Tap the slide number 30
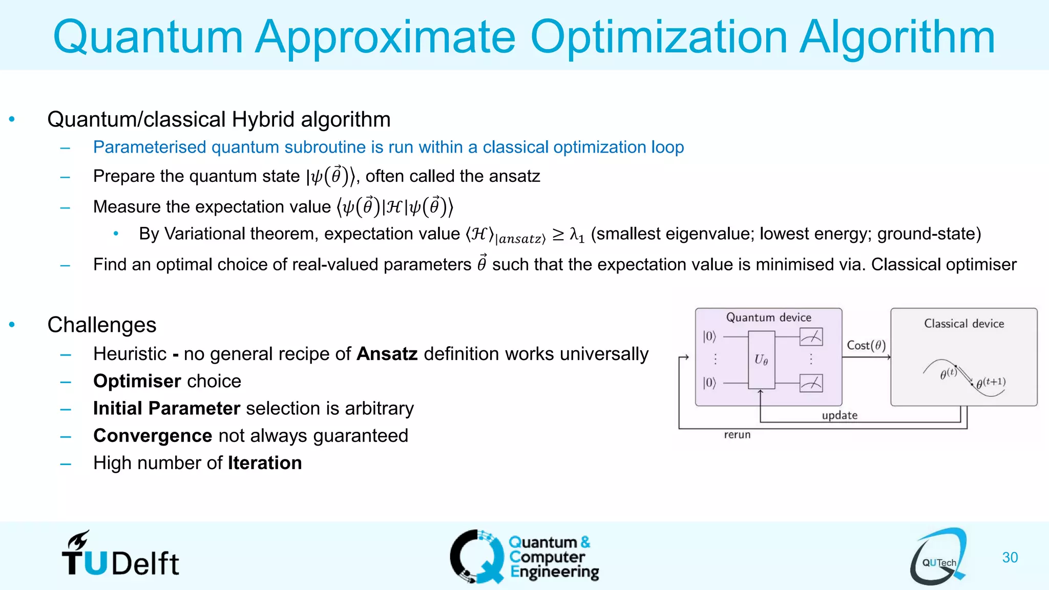pyautogui.click(x=1010, y=557)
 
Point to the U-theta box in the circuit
pyautogui.click(x=761, y=360)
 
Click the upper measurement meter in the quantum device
pyautogui.click(x=811, y=337)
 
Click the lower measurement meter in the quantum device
pyautogui.click(x=811, y=383)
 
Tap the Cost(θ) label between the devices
pyautogui.click(x=866, y=345)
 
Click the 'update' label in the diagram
pyautogui.click(x=840, y=415)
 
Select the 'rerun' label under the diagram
pyautogui.click(x=737, y=435)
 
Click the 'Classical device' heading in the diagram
pyautogui.click(x=963, y=324)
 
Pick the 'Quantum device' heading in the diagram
pyautogui.click(x=768, y=318)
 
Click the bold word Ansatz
pyautogui.click(x=387, y=354)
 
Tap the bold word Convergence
pyautogui.click(x=153, y=435)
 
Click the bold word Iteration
pyautogui.click(x=265, y=463)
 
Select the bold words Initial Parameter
pyautogui.click(x=166, y=408)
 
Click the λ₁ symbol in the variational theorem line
pyautogui.click(x=577, y=235)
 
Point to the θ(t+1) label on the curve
pyautogui.click(x=991, y=383)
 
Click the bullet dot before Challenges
pyautogui.click(x=12, y=325)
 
